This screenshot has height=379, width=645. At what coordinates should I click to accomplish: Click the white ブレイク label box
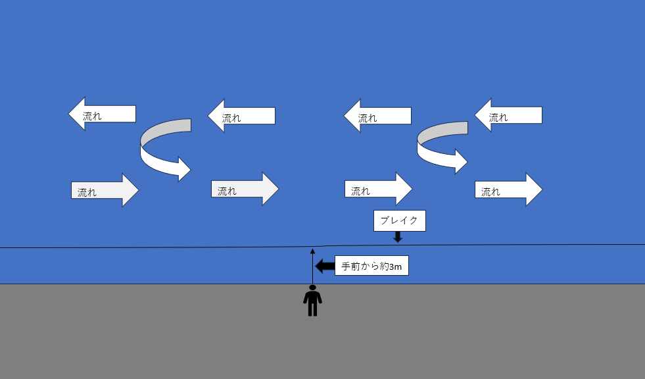(399, 220)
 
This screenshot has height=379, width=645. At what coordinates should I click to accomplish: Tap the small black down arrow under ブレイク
(398, 237)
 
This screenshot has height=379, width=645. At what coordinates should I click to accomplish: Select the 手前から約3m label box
(371, 266)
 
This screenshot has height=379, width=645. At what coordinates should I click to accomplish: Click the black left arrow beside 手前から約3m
(325, 266)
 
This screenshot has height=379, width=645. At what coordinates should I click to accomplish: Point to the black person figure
(312, 303)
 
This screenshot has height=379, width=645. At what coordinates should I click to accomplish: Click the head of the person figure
(312, 288)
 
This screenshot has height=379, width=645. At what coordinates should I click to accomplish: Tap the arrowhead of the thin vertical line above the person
(312, 251)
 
